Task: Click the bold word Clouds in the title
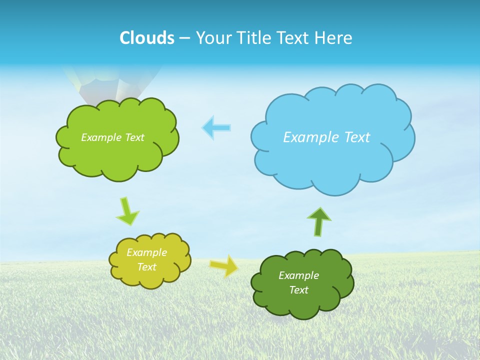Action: point(146,38)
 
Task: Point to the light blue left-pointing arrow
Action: point(216,127)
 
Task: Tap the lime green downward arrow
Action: point(127,211)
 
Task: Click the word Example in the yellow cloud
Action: point(146,252)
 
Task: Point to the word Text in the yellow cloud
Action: point(146,267)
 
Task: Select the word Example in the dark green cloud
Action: point(298,275)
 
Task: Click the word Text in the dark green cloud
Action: point(298,290)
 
